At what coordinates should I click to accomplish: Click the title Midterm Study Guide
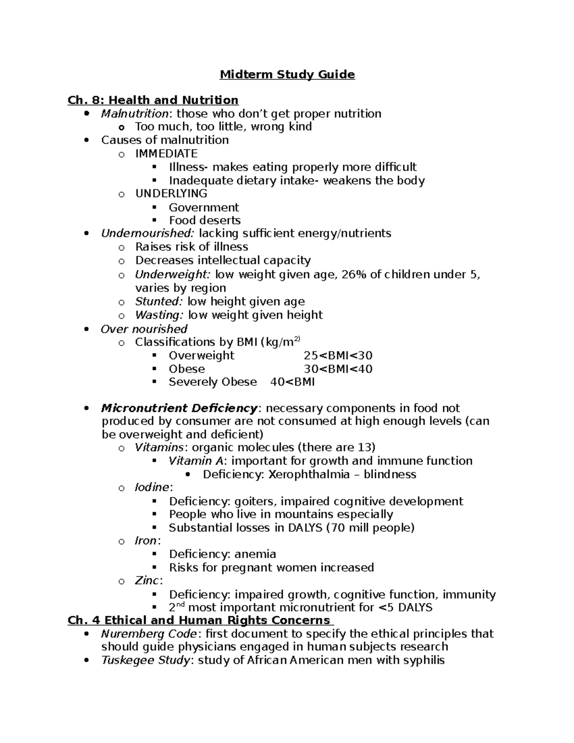coord(287,75)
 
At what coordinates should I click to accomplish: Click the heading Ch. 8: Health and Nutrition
coord(153,100)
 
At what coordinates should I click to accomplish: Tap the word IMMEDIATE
coord(166,154)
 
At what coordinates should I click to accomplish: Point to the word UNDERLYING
coord(171,194)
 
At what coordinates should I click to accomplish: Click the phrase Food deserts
coord(204,221)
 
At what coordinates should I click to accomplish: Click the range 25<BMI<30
coord(338,355)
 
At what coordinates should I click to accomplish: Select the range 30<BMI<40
coord(338,369)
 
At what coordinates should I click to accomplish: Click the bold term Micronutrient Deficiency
coord(179,408)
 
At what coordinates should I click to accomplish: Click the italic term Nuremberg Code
coord(148,634)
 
